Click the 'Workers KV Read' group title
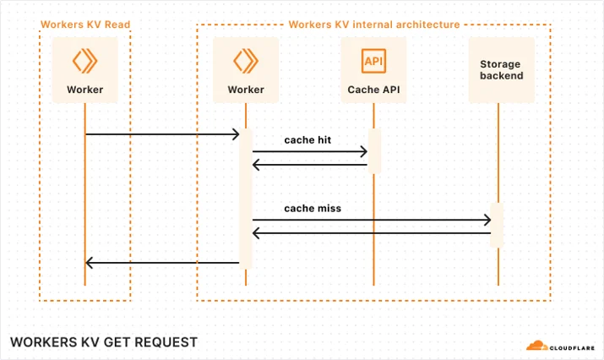[85, 25]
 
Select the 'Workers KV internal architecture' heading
[374, 25]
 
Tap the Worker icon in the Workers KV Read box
[84, 61]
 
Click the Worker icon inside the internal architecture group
[246, 61]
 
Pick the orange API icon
[373, 61]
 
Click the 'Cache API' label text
[373, 90]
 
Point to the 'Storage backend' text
[501, 70]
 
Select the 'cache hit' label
[307, 140]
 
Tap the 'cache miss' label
[313, 209]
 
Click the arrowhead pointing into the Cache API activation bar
[364, 151]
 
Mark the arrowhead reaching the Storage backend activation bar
[487, 220]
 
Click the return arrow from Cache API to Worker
[310, 165]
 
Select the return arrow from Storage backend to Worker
[372, 233]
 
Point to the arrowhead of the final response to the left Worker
[89, 263]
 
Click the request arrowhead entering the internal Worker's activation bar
[236, 134]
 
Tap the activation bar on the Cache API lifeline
[374, 151]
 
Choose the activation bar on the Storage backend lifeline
[497, 225]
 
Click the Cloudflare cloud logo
[537, 346]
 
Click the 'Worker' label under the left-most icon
[85, 90]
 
